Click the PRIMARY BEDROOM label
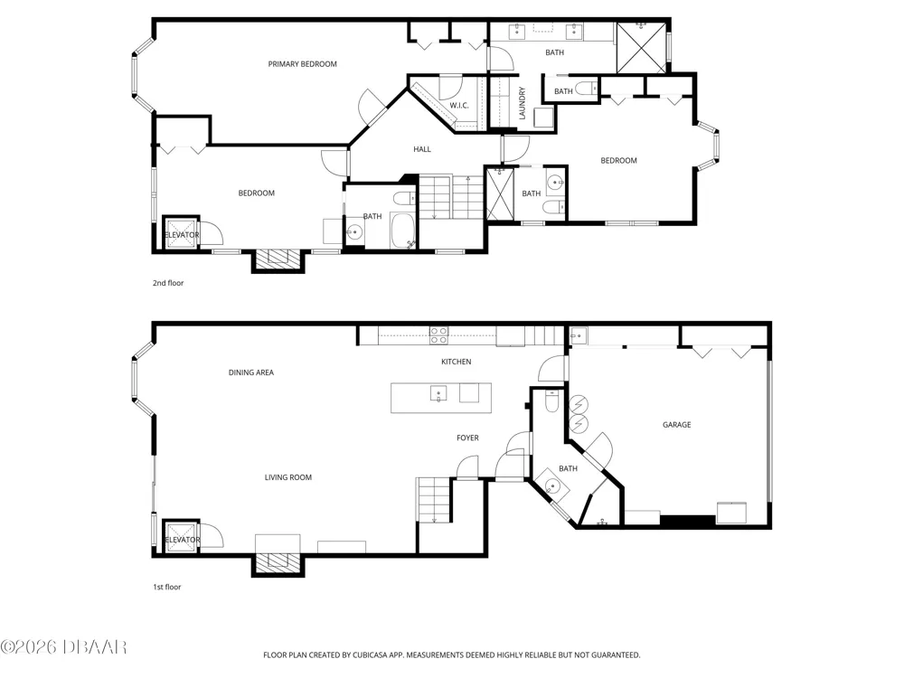302,64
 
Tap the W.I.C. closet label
459,106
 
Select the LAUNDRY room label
523,103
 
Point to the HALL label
422,149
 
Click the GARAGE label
676,425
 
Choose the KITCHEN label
456,363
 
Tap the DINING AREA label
250,372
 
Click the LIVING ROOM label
287,477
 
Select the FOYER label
467,438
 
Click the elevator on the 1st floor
182,537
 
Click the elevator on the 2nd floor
182,233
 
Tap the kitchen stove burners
438,335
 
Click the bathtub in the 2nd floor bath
403,231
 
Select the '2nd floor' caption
168,283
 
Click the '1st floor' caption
166,587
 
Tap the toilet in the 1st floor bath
552,400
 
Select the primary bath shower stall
641,48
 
